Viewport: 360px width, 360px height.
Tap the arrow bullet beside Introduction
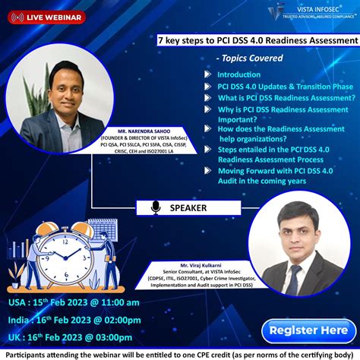click(x=207, y=74)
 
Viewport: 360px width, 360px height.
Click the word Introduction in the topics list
click(x=238, y=74)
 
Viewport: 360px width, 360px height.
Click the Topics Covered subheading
click(x=250, y=58)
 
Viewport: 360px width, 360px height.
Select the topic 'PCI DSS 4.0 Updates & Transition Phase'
click(x=285, y=86)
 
